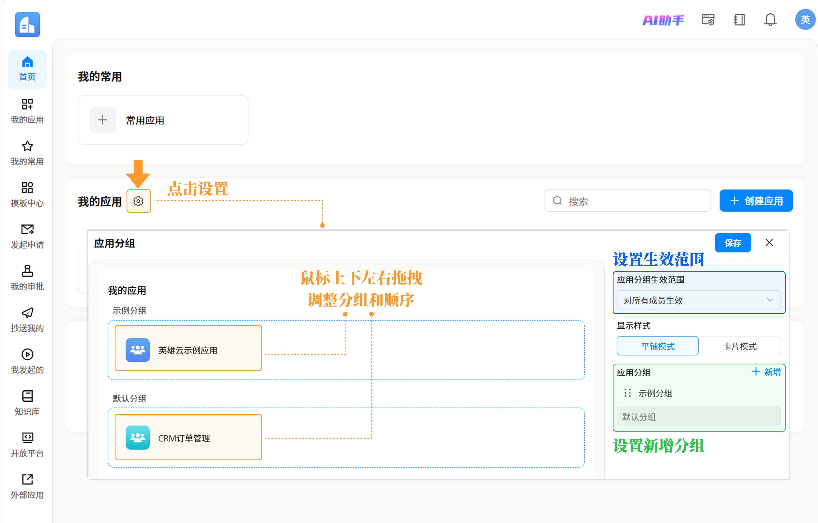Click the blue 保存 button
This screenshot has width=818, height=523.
(733, 243)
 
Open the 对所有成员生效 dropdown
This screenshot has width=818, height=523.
(698, 300)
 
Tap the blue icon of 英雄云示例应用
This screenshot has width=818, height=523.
(138, 350)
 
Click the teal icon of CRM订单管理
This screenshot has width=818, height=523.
(138, 438)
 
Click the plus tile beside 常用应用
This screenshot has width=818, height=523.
(103, 120)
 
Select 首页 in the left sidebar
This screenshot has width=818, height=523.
(27, 69)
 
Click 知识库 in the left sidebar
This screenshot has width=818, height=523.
(27, 403)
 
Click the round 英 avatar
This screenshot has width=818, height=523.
(805, 20)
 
